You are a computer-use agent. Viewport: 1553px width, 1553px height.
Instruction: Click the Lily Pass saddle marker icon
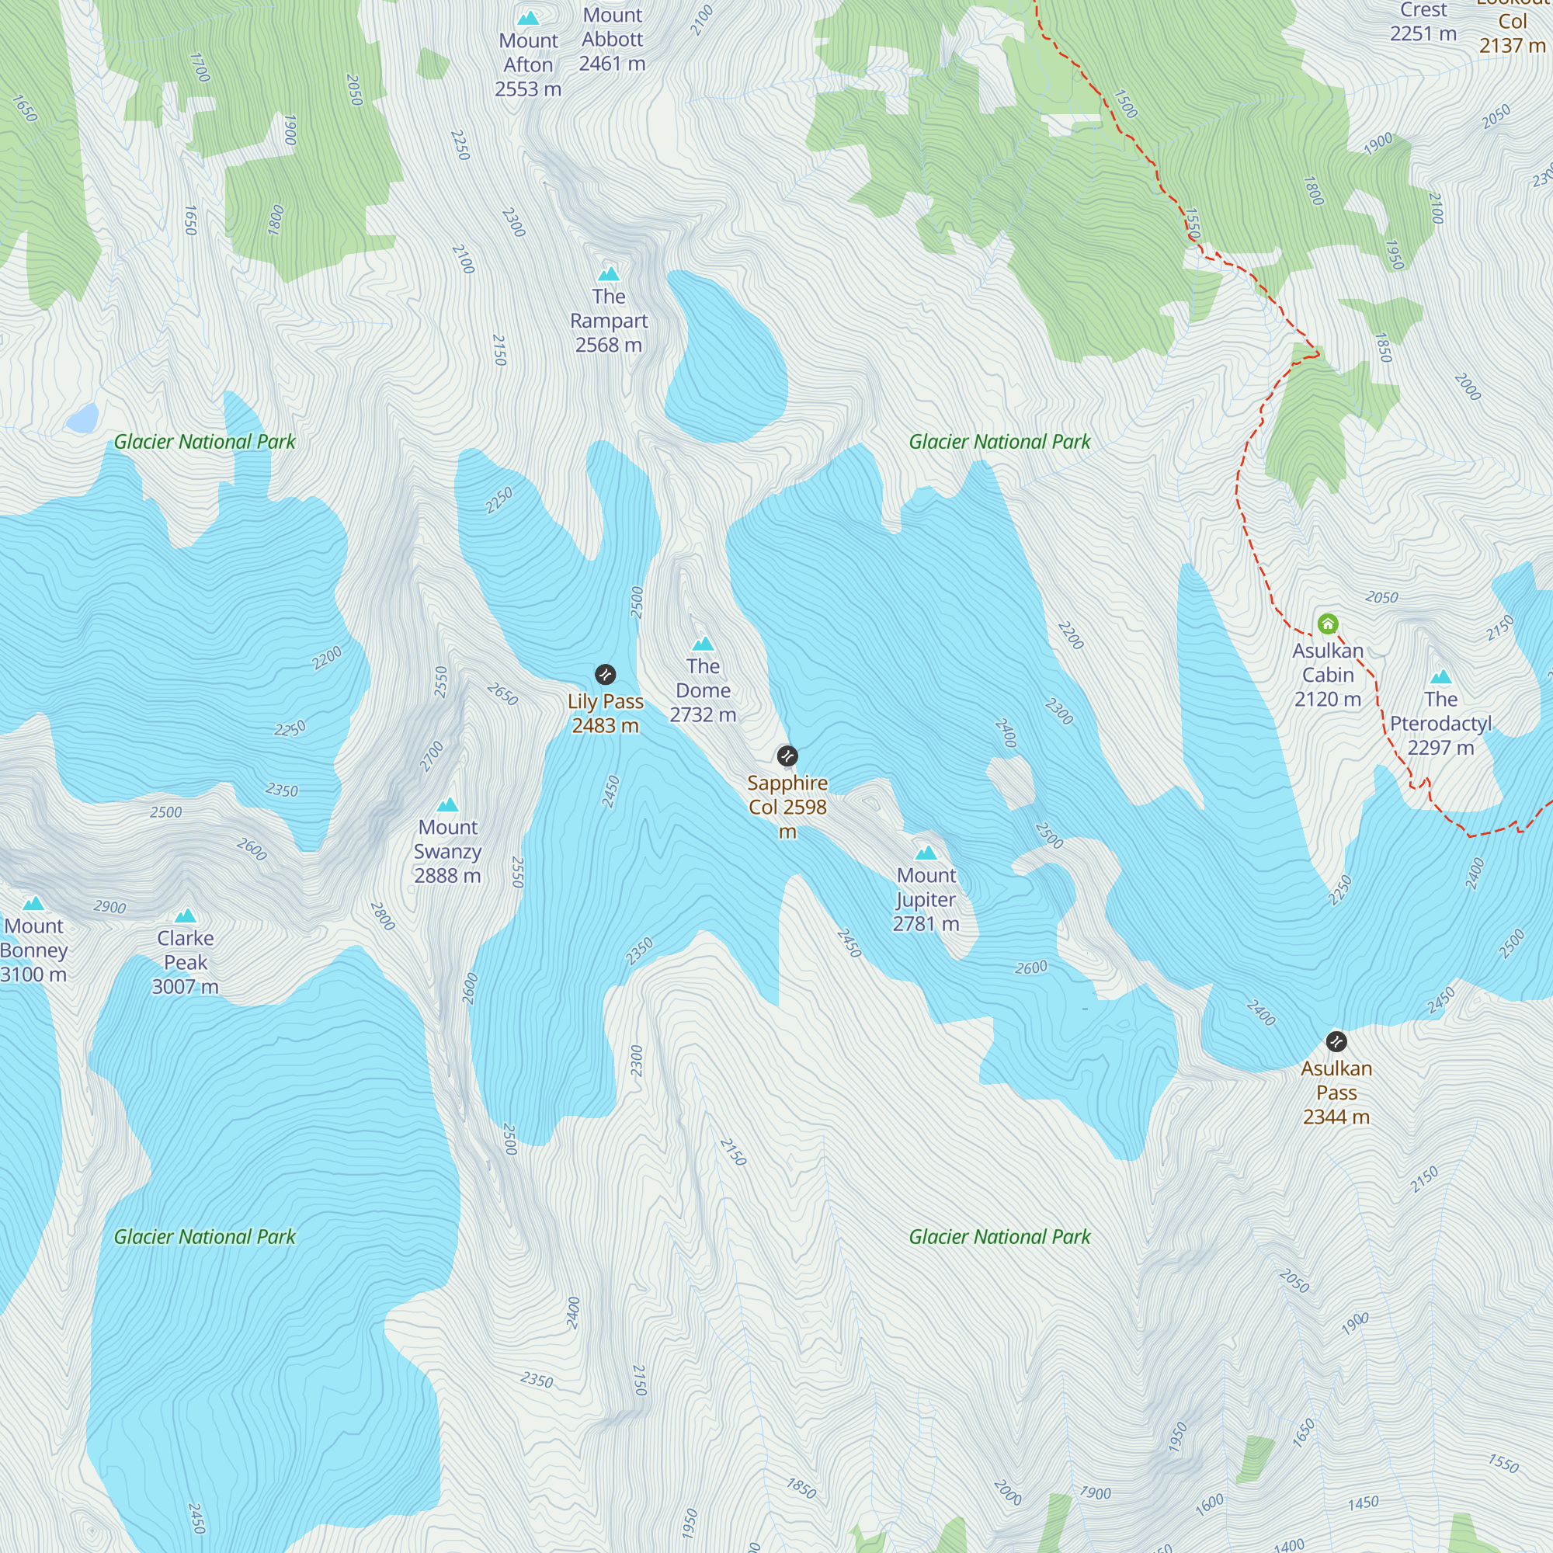point(606,675)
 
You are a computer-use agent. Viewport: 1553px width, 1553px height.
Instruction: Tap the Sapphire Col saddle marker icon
point(787,756)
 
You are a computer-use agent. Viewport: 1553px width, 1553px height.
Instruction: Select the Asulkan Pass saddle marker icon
point(1336,1042)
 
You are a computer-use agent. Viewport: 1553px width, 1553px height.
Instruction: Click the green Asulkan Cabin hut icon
point(1328,624)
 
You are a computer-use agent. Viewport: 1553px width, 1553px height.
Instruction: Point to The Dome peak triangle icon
point(703,644)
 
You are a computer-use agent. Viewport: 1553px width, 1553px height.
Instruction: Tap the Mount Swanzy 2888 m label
point(448,851)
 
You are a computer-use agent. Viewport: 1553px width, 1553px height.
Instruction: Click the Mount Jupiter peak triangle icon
point(926,853)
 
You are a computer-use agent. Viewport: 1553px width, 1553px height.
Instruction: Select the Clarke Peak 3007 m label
point(186,962)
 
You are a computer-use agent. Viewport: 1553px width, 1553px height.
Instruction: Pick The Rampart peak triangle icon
point(609,274)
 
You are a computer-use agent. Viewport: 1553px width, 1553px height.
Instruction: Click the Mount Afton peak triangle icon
point(528,18)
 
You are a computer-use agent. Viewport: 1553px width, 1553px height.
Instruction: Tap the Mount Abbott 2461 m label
point(613,40)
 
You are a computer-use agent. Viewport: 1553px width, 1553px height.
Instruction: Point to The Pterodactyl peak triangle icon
point(1440,677)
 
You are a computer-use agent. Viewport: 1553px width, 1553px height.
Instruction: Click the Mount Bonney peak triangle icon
point(33,904)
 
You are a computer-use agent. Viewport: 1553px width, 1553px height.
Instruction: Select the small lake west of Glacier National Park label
point(82,419)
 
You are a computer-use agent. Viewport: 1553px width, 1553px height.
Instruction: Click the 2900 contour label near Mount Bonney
point(110,907)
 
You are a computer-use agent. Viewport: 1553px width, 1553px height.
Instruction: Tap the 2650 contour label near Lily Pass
point(502,693)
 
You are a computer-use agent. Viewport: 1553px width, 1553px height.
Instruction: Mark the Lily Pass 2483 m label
point(606,714)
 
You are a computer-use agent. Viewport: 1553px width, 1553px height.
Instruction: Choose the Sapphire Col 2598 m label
point(787,806)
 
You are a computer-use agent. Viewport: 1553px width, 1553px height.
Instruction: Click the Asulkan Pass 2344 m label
point(1336,1093)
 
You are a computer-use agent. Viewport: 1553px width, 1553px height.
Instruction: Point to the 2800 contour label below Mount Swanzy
point(383,916)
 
